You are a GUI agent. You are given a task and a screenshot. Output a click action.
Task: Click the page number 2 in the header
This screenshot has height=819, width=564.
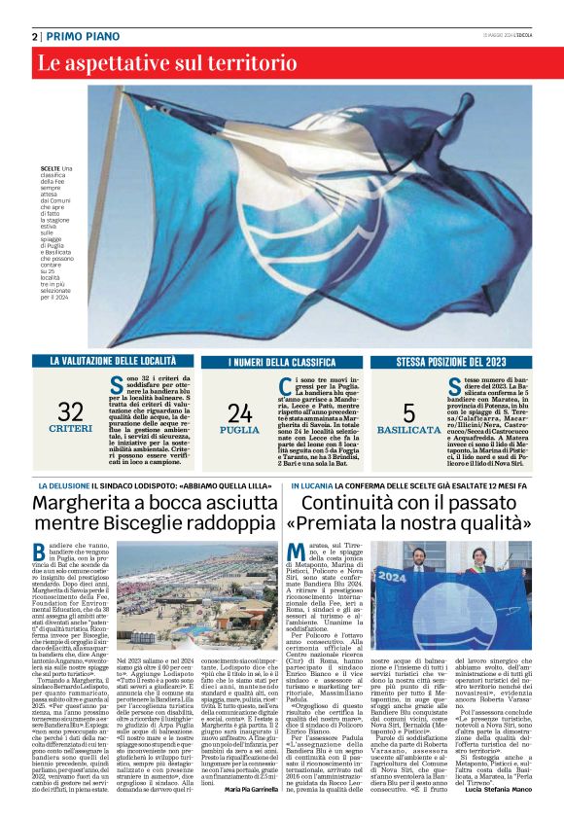click(x=34, y=36)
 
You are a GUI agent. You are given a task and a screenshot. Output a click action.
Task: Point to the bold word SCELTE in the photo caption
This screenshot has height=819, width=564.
click(x=51, y=196)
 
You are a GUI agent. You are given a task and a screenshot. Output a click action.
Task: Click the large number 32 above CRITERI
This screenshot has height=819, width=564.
click(x=70, y=411)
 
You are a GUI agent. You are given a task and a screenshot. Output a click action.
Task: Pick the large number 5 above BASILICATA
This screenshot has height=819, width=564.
click(x=408, y=411)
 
